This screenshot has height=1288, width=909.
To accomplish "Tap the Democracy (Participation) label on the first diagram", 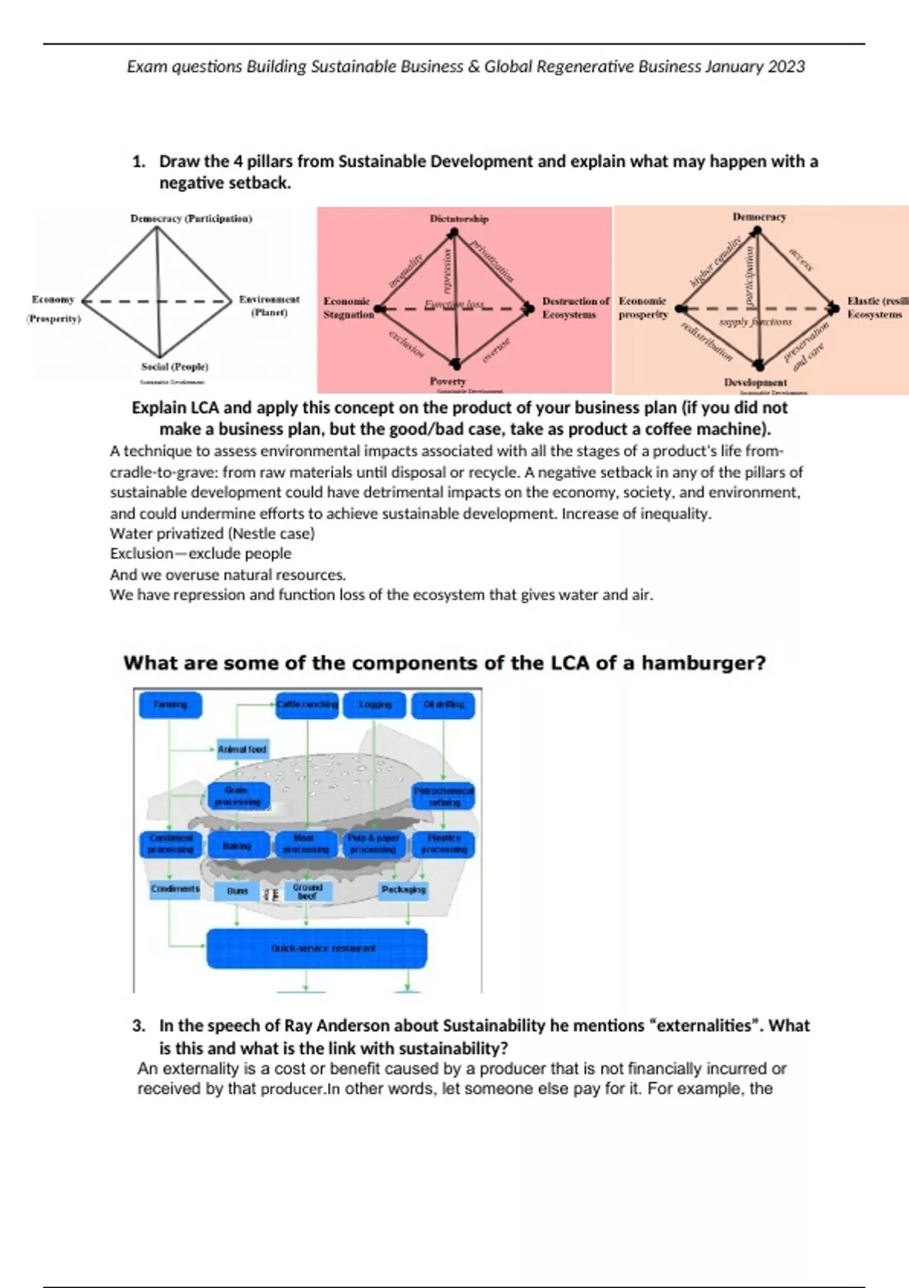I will point(191,218).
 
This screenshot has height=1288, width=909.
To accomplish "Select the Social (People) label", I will point(174,367).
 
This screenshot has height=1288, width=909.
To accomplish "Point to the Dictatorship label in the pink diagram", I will point(459,218).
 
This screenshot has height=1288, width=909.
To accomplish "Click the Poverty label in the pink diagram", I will point(448,381).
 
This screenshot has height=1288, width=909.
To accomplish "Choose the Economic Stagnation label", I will point(348,308).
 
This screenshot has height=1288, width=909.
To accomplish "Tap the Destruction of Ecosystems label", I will point(574,308).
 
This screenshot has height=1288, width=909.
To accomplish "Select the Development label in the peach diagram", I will point(755,382).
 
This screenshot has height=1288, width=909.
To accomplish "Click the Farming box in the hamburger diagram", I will point(170,705).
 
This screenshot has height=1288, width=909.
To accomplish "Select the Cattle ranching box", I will point(307,705).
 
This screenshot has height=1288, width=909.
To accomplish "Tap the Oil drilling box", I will point(444,705).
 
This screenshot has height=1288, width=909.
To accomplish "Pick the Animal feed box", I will point(242,749).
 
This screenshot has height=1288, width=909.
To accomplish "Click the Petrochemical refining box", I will point(444,796).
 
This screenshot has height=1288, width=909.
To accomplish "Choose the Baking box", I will point(237,845).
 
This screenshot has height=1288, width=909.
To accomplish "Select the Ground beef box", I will point(308,891).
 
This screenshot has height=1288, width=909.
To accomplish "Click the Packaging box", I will point(403,889).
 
